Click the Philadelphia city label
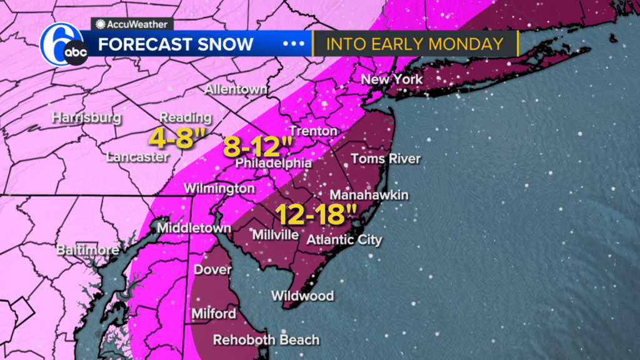coord(273,163)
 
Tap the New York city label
coord(392,79)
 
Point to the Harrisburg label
coord(86,117)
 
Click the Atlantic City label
coord(344,239)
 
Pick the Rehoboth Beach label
coord(266,341)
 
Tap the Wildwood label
coord(302,296)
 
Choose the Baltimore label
coord(87,251)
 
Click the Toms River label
coord(385,159)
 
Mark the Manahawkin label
coord(369,195)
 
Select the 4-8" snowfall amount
coord(172,137)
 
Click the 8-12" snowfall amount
coord(258,147)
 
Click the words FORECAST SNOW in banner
coord(176,44)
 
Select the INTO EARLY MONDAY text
coord(415,44)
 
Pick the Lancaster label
coord(137,157)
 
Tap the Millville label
coord(274,235)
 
